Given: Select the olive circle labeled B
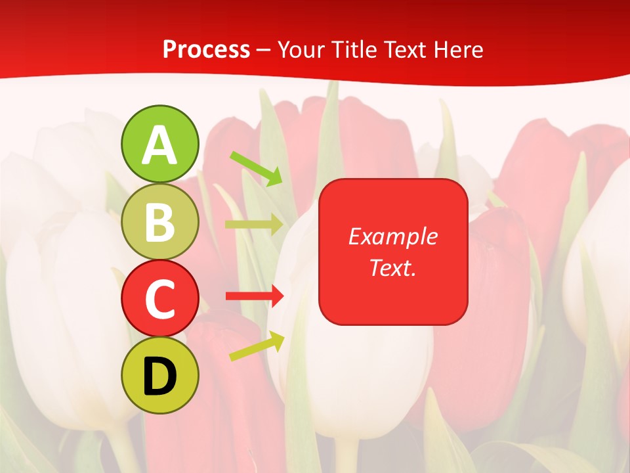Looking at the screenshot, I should [160, 221].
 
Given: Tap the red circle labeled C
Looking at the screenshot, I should [160, 298].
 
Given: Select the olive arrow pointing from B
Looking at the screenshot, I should [254, 225].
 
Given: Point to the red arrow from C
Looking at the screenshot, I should [255, 296].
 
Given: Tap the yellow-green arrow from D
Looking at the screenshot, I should [257, 346].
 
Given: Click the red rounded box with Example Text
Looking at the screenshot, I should [393, 252].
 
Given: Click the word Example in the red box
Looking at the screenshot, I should [393, 236].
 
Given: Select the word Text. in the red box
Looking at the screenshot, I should [393, 267].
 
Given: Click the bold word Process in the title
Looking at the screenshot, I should [206, 49].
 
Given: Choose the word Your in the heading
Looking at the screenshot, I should [303, 49].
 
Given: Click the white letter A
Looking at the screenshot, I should [160, 146].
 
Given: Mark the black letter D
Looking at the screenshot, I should [160, 377].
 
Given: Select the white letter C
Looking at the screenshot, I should [160, 300].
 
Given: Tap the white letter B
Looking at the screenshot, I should [160, 223].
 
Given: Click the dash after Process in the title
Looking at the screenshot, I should [264, 50].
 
